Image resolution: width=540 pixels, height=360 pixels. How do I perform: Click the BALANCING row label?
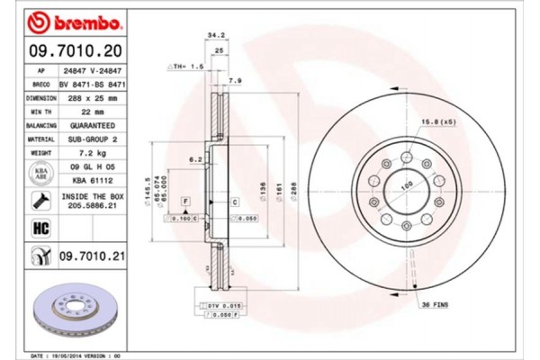tap(40, 126)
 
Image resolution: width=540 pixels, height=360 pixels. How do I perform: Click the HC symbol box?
tap(41, 229)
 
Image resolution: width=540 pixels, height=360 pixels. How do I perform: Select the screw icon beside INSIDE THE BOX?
tap(41, 200)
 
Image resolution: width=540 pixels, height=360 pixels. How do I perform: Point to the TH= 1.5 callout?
tap(186, 67)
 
